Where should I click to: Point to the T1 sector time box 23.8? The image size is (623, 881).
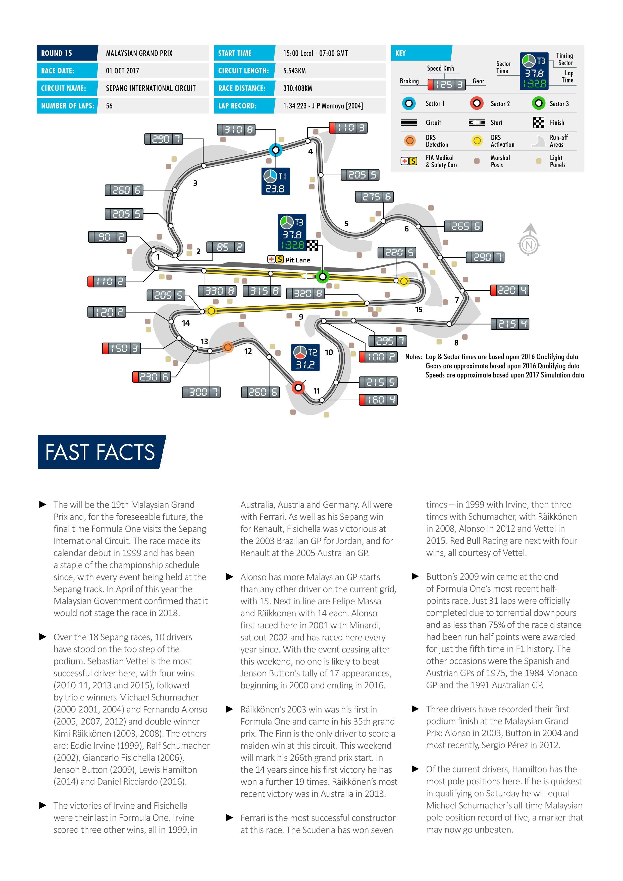pyautogui.click(x=275, y=182)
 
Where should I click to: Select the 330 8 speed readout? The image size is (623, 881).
pyautogui.click(x=217, y=291)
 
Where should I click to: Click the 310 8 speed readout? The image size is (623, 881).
pyautogui.click(x=236, y=130)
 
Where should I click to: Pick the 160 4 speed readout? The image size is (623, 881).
pyautogui.click(x=378, y=400)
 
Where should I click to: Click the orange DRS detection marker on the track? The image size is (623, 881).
pyautogui.click(x=228, y=347)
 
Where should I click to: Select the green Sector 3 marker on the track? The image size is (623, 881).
pyautogui.click(x=323, y=276)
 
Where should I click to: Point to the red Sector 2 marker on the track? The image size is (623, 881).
pyautogui.click(x=298, y=388)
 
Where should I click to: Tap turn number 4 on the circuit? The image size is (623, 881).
pyautogui.click(x=310, y=152)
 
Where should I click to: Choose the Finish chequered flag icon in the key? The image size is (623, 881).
pyautogui.click(x=539, y=122)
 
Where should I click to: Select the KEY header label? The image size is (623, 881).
pyautogui.click(x=400, y=53)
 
